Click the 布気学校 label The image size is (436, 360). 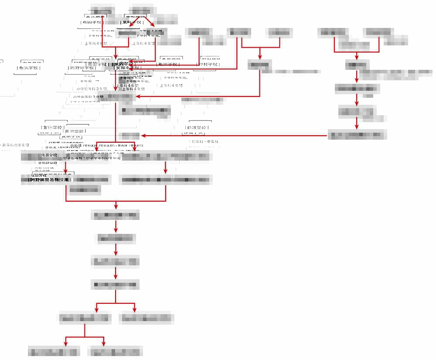(x=29, y=68)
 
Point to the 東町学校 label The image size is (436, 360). (x=131, y=22)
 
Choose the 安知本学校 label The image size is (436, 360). (x=127, y=68)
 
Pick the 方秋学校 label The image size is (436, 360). (x=52, y=127)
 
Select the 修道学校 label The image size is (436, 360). (x=196, y=127)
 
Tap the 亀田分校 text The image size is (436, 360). (x=49, y=155)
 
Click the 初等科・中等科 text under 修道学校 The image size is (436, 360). (x=204, y=141)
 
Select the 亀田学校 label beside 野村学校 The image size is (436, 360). (x=168, y=64)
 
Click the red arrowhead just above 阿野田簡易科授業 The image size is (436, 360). (x=66, y=171)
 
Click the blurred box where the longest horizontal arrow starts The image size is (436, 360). (x=356, y=135)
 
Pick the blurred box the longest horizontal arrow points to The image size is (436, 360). (x=130, y=136)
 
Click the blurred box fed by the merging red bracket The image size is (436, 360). (x=116, y=215)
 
